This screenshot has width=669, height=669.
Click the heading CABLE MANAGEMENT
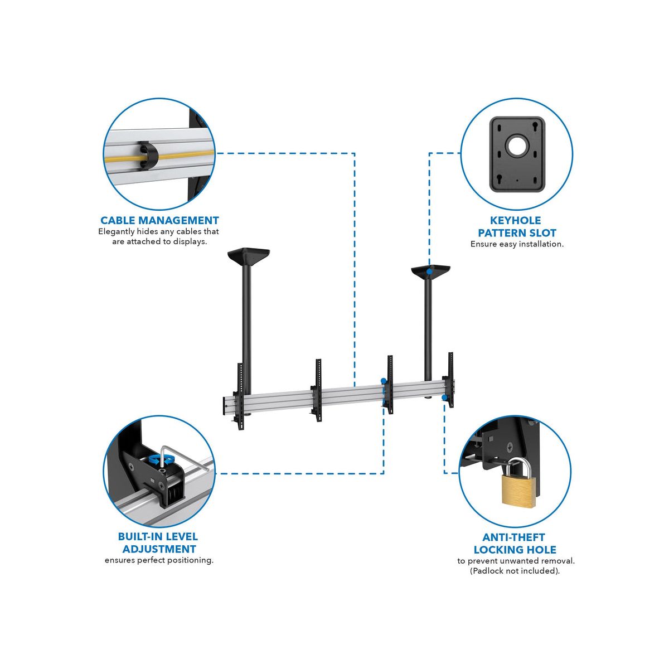click(x=159, y=220)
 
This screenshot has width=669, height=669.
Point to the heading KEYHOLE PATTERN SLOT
click(x=517, y=227)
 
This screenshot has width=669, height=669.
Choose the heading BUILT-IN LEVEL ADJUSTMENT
click(x=158, y=542)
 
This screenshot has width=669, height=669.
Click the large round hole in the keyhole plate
click(x=517, y=146)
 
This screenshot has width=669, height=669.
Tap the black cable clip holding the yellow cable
click(x=148, y=157)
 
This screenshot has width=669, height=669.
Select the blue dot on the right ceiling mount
click(x=430, y=272)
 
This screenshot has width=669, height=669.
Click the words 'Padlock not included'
click(x=515, y=571)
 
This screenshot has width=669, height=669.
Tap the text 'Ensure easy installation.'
click(x=517, y=244)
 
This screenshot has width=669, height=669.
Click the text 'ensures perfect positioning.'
click(x=159, y=560)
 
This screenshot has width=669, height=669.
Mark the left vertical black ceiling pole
click(x=247, y=330)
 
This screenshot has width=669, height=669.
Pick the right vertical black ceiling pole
click(x=428, y=326)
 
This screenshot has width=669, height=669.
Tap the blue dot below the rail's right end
click(x=444, y=397)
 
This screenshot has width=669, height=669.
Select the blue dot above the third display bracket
click(x=383, y=380)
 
